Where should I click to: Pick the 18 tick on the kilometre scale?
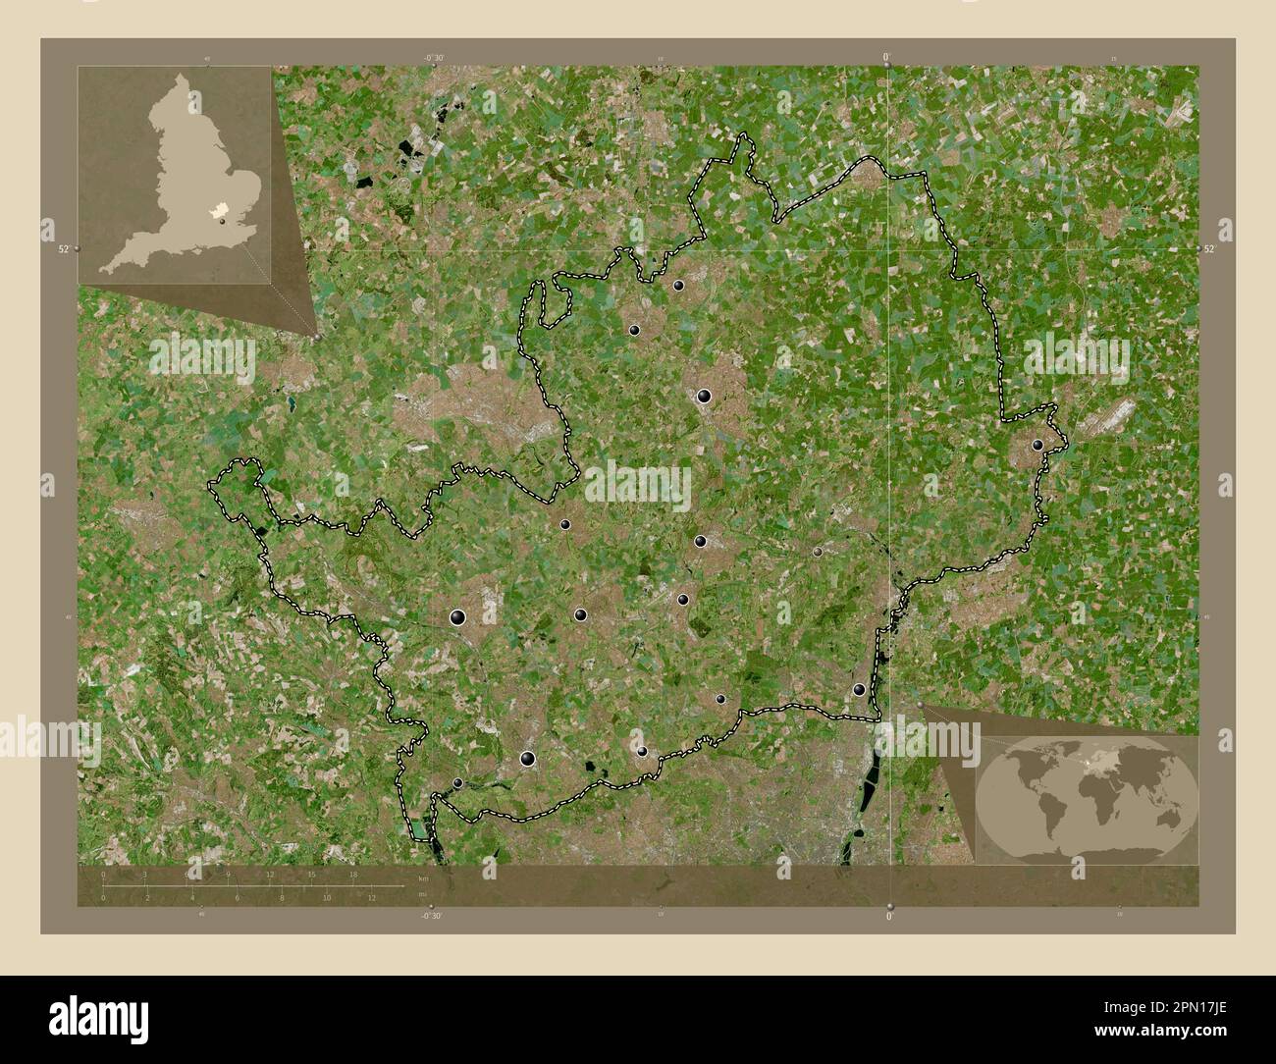click(x=353, y=873)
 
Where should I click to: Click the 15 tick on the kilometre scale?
click(x=311, y=873)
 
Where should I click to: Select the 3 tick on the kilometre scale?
click(x=145, y=873)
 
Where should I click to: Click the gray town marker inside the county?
click(x=818, y=553)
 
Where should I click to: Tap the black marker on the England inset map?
click(x=224, y=221)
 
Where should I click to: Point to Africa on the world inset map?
click(x=1090, y=794)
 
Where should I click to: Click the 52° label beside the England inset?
click(x=64, y=249)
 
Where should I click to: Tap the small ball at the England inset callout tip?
click(x=318, y=337)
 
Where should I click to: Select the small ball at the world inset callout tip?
click(x=920, y=704)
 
